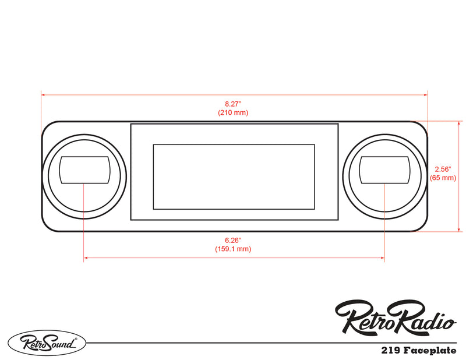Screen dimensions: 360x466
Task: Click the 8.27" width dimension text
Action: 233,103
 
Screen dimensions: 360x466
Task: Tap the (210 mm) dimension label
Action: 233,112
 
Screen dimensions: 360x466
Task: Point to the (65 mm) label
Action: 442,178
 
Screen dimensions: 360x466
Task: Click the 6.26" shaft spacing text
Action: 233,240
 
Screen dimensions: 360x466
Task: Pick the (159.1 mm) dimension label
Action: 233,249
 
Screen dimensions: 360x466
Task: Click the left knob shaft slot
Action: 84,170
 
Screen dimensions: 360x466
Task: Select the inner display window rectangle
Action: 234,177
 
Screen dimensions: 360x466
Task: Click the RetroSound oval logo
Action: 47,343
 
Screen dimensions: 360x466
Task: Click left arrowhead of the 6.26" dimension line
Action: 86,258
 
